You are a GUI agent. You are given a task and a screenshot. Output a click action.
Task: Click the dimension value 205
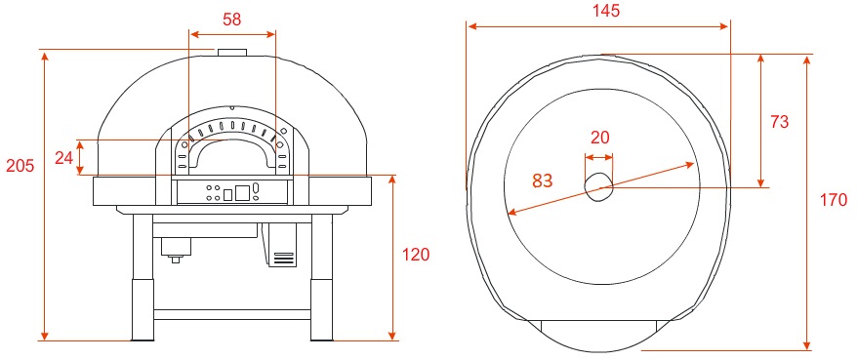click(x=20, y=165)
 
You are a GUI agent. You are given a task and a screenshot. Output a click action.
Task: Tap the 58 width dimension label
click(x=232, y=20)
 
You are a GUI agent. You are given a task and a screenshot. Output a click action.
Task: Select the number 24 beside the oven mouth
click(x=64, y=158)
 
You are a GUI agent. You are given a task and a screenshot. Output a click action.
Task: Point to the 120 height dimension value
click(x=416, y=255)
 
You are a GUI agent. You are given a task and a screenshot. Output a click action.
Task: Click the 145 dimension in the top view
click(x=606, y=11)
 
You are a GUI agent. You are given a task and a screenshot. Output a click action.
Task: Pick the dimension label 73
click(x=779, y=122)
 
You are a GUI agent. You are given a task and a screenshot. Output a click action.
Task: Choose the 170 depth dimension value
click(x=834, y=200)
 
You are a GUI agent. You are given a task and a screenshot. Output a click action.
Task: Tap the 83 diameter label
click(x=543, y=180)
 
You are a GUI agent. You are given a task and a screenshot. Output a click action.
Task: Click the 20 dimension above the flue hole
click(x=600, y=138)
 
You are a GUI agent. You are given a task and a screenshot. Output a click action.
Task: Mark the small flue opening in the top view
click(x=598, y=187)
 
